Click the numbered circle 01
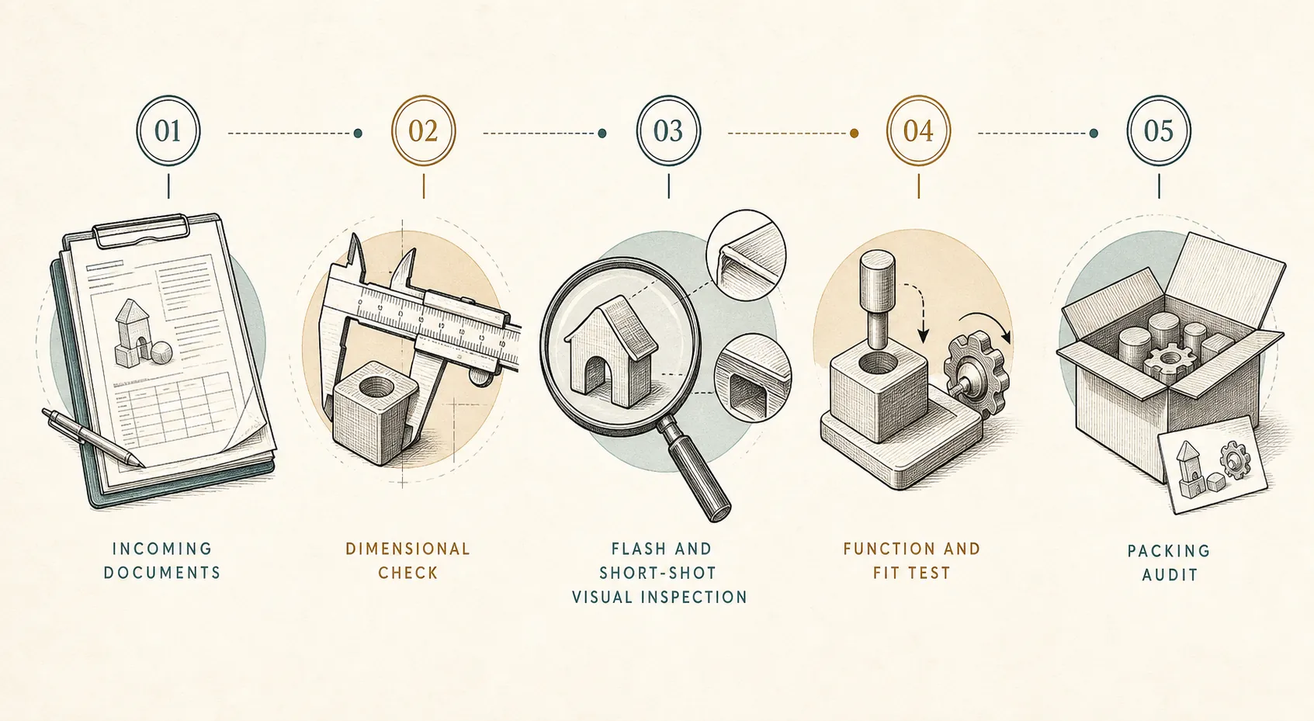[x=168, y=130]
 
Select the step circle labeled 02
[x=424, y=130]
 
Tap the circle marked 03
[x=668, y=130]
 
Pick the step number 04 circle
[x=919, y=130]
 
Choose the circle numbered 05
[x=1159, y=130]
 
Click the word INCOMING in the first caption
[x=162, y=549]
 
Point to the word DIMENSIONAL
[x=408, y=549]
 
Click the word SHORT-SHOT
[x=657, y=573]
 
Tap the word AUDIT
[x=1170, y=574]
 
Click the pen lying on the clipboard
[x=92, y=438]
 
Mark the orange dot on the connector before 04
[x=854, y=133]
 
